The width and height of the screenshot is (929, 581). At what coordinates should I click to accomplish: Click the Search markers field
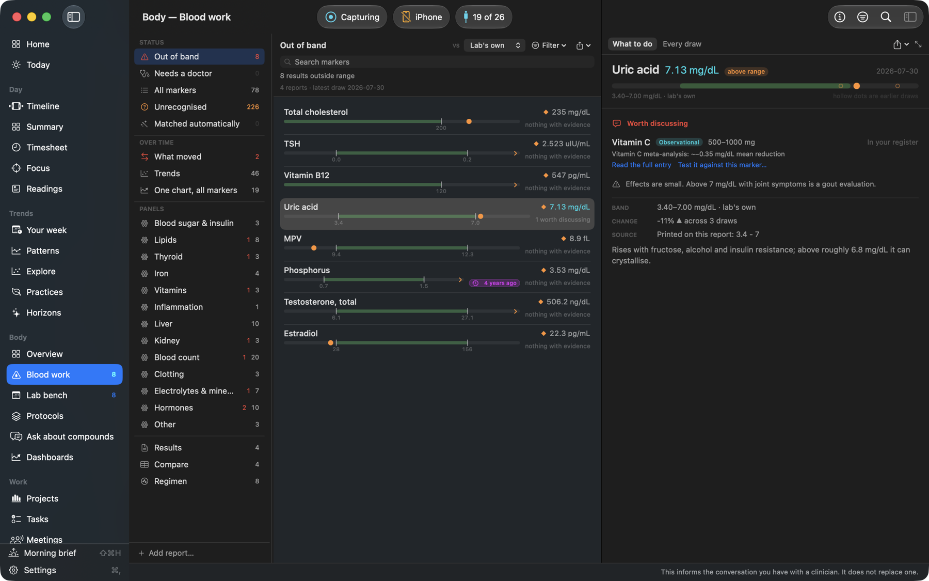tap(437, 62)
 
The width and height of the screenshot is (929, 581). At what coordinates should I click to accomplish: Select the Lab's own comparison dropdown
tap(494, 45)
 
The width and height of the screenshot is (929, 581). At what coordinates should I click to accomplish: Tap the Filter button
tap(549, 45)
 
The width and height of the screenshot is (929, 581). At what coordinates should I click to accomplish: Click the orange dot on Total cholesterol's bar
tap(469, 122)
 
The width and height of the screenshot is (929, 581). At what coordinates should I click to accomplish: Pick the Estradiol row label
tap(301, 334)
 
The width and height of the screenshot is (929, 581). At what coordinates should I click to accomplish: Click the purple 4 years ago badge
tap(494, 283)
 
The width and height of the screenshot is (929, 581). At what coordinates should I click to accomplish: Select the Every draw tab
tap(682, 44)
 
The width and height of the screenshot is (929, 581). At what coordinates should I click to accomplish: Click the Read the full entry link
tap(642, 165)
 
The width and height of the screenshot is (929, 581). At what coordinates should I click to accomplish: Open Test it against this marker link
tap(722, 165)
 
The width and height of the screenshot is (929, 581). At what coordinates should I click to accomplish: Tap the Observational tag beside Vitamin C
tap(679, 142)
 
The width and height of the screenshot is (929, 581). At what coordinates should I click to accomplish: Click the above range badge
tap(746, 72)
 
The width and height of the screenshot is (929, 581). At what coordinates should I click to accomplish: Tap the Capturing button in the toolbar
tap(352, 17)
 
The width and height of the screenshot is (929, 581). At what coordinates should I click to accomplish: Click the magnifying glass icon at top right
tap(886, 17)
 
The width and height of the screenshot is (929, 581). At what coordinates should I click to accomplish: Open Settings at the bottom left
tap(40, 570)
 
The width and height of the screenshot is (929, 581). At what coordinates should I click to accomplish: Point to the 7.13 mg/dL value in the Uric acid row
tap(569, 207)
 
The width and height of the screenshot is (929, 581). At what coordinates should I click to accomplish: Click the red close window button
tap(17, 17)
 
